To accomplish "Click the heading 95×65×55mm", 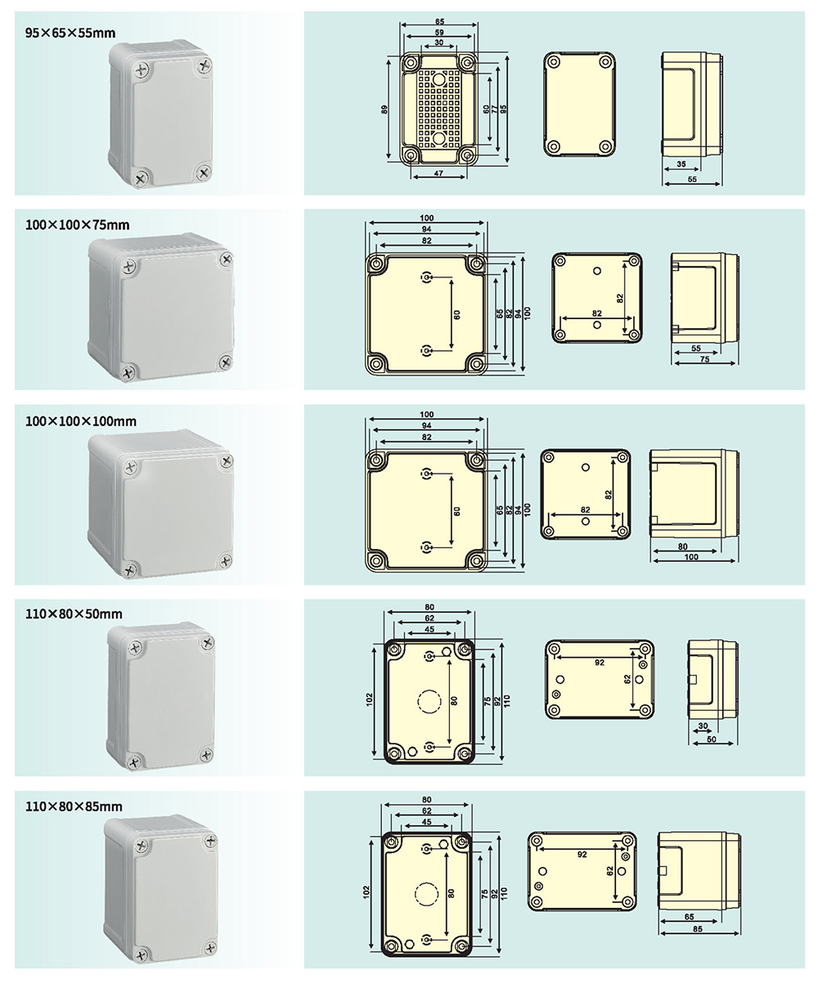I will [x=70, y=34].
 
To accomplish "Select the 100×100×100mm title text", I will [x=80, y=421].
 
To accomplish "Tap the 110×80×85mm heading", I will [x=74, y=807].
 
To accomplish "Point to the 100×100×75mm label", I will [x=78, y=224].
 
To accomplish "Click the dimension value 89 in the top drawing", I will [x=384, y=110].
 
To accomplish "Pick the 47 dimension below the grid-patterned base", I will [x=438, y=174].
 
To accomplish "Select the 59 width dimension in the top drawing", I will [x=439, y=31].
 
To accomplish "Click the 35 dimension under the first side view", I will [x=682, y=165].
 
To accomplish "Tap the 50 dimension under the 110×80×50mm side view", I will [x=711, y=739].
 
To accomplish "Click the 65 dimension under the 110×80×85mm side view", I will [x=689, y=918].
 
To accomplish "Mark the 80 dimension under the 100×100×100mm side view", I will [x=682, y=546].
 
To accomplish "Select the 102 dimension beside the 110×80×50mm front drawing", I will [x=370, y=700].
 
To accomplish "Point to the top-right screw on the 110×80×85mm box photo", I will [x=209, y=840].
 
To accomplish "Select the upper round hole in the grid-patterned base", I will [x=439, y=79].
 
